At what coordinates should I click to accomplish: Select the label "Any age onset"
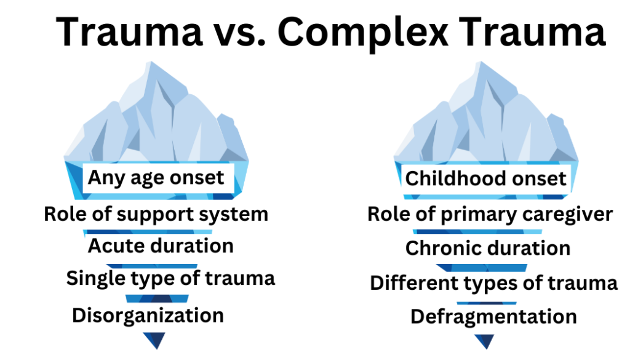pos(156,178)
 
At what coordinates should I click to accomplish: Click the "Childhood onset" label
pos(485,179)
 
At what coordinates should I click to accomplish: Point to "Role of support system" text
pos(156,214)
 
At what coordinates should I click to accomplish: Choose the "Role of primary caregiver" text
pos(490,214)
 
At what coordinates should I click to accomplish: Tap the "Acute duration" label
pos(161,246)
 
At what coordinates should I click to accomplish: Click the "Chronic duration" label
pos(488,249)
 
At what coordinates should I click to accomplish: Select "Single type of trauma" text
pos(170,278)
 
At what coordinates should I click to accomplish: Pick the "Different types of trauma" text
pos(493,283)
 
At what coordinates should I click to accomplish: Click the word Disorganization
pos(148,316)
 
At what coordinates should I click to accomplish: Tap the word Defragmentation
pos(493,317)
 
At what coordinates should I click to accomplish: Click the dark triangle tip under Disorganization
pos(154,340)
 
